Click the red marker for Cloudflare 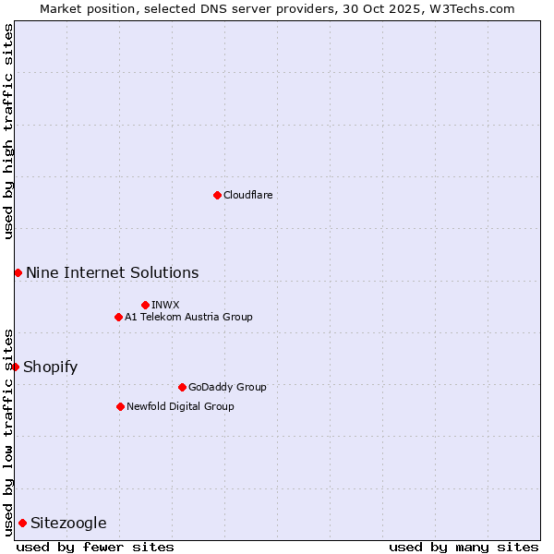tap(217, 195)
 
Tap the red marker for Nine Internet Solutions tap(18, 272)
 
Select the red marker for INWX tap(145, 305)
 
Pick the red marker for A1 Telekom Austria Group tap(118, 317)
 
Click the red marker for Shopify tap(15, 367)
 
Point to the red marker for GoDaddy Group tap(182, 387)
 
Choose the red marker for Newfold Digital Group tap(120, 406)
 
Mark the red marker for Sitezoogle tap(22, 523)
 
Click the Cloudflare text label tap(248, 195)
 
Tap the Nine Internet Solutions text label tap(112, 272)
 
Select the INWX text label tap(165, 305)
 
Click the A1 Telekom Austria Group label tap(188, 317)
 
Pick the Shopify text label tap(50, 367)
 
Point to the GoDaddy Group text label tap(227, 387)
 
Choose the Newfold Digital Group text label tap(180, 406)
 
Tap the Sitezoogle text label tap(68, 523)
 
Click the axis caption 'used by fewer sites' tap(95, 547)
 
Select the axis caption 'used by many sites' tap(464, 547)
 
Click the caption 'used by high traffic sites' tap(8, 131)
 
